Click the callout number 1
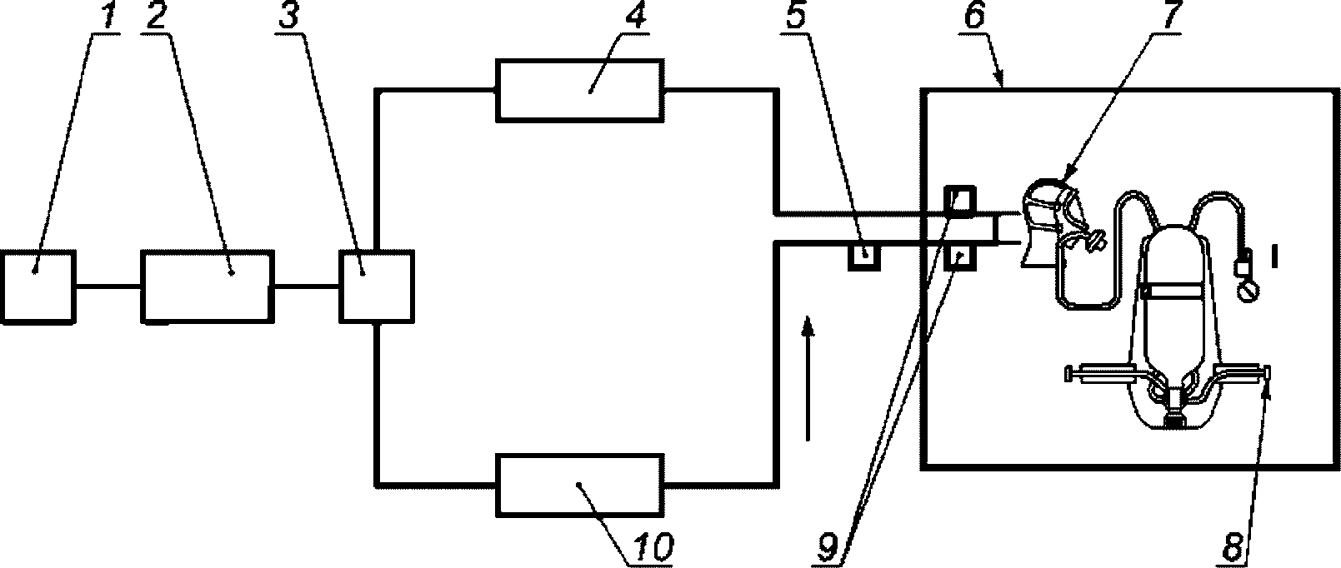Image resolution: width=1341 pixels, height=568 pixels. click(x=105, y=19)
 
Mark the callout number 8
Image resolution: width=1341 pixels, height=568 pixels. click(x=1236, y=548)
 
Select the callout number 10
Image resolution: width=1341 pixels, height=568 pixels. click(x=651, y=548)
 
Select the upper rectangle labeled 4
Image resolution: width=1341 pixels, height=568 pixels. click(x=580, y=90)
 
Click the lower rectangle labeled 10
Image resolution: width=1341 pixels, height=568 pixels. click(x=580, y=484)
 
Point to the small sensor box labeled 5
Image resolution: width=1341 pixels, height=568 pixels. click(x=863, y=254)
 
